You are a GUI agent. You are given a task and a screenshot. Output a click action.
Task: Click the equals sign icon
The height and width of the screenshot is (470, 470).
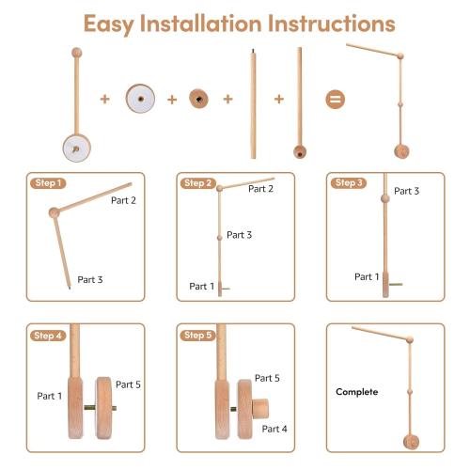pyautogui.click(x=335, y=99)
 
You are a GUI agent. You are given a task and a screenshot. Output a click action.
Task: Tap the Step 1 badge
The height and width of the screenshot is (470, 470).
pyautogui.click(x=46, y=182)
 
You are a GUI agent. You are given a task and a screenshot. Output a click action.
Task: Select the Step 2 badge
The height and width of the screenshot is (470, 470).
pyautogui.click(x=197, y=182)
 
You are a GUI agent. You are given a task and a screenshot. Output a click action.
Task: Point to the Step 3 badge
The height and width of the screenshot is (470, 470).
pyautogui.click(x=348, y=182)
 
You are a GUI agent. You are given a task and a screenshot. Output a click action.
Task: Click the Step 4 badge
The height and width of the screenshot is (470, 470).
pyautogui.click(x=46, y=336)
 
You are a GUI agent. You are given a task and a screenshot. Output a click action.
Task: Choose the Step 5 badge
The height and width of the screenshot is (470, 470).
pyautogui.click(x=197, y=336)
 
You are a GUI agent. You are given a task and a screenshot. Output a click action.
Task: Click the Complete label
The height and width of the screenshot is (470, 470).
pyautogui.click(x=357, y=391)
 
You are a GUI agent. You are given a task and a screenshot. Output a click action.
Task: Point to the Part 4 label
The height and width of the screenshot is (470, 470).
pyautogui.click(x=275, y=429)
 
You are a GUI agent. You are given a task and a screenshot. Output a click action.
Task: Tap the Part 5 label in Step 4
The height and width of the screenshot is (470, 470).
pyautogui.click(x=128, y=384)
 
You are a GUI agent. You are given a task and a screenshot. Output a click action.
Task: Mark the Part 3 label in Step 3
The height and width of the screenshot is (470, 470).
pyautogui.click(x=406, y=191)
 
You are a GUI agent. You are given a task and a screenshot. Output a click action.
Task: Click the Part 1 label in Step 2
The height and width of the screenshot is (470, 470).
pyautogui.click(x=202, y=286)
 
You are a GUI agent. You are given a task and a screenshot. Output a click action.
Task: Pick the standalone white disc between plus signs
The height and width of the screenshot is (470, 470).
pyautogui.click(x=141, y=99)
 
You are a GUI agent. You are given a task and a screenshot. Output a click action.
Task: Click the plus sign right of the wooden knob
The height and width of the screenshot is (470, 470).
pyautogui.click(x=227, y=99)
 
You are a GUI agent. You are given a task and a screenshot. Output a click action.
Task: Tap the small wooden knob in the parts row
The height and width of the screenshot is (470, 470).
pyautogui.click(x=198, y=99)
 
